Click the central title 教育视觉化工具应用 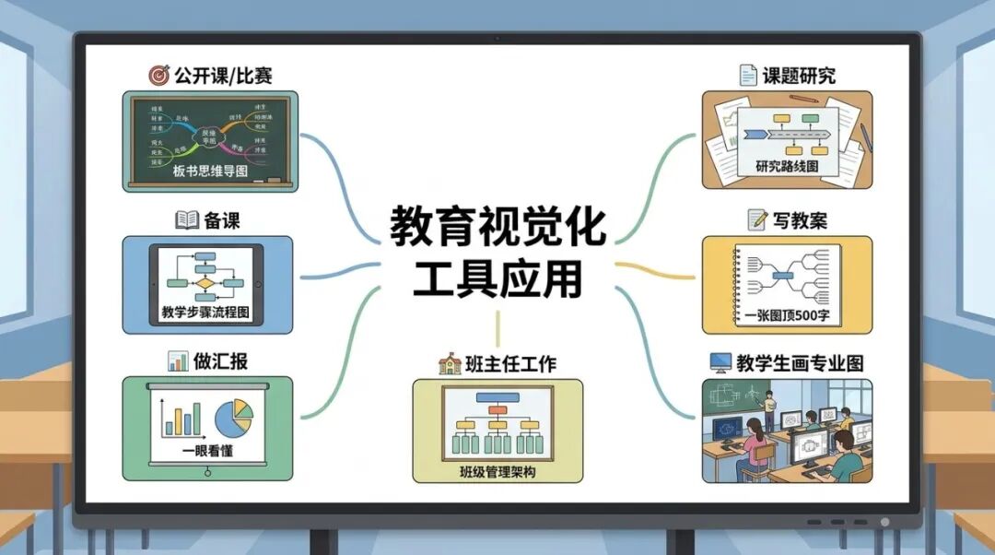pos(497,251)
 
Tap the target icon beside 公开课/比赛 pos(159,74)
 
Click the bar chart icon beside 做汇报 pos(178,360)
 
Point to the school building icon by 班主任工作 pos(449,364)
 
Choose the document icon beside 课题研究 pos(748,75)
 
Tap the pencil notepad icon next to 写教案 pos(758,220)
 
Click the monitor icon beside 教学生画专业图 pos(720,362)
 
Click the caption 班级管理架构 pos(497,472)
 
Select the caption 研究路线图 pos(787,166)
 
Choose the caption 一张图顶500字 pos(786,313)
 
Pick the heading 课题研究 pos(799,75)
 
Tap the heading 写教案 pos(800,220)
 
